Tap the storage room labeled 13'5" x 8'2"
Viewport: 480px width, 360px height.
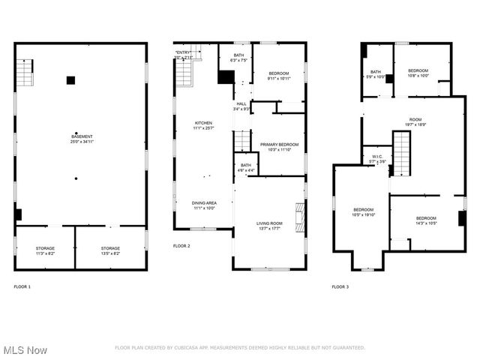pyautogui.click(x=110, y=250)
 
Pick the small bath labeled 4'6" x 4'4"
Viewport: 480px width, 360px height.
pyautogui.click(x=245, y=169)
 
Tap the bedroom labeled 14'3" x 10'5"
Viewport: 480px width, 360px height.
pyautogui.click(x=427, y=220)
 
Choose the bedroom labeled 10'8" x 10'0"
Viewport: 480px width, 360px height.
pyautogui.click(x=418, y=73)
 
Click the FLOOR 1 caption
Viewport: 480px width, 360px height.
pyautogui.click(x=22, y=286)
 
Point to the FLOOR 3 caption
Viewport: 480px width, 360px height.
pyautogui.click(x=340, y=286)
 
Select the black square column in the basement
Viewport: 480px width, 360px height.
pyautogui.click(x=70, y=80)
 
